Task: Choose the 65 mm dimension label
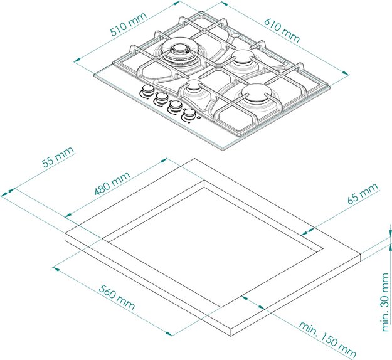363,194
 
